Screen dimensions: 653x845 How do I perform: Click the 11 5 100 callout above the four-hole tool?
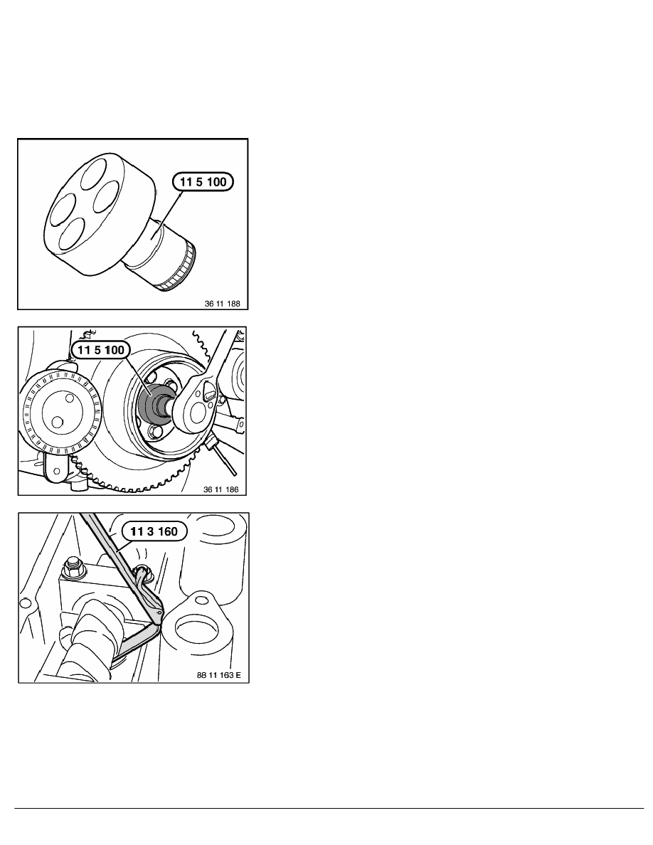click(x=203, y=182)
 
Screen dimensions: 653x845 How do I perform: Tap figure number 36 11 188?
click(x=223, y=304)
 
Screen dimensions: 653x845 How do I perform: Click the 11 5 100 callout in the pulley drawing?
click(x=101, y=350)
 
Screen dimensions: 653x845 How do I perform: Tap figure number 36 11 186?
click(x=221, y=490)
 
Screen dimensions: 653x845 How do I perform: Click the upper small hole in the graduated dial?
click(x=69, y=398)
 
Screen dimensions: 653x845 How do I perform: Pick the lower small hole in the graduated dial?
click(x=56, y=421)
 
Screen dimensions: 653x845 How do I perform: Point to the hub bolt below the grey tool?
click(x=156, y=432)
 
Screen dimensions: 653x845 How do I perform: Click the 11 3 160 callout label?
click(x=154, y=532)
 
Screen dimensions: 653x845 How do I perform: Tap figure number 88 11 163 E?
click(x=219, y=675)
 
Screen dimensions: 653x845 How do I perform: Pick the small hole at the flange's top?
click(x=201, y=598)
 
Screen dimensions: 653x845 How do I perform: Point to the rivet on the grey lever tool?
click(x=159, y=612)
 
